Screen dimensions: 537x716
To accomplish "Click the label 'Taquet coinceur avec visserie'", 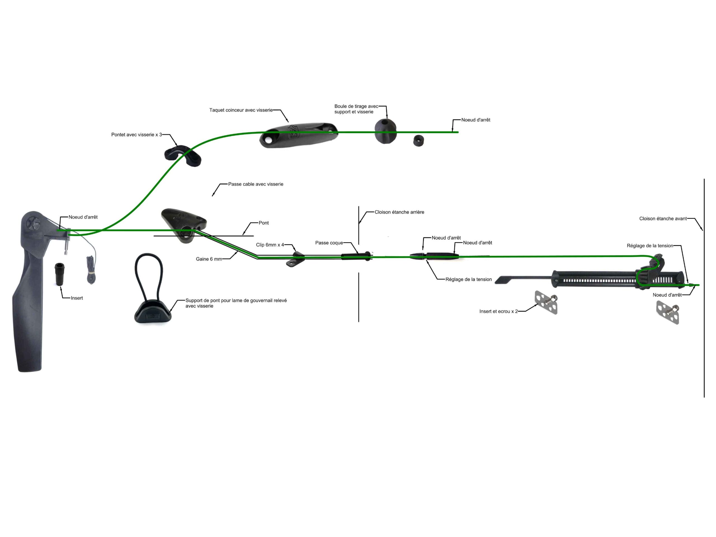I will point(241,110).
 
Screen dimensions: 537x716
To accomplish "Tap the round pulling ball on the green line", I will point(385,131).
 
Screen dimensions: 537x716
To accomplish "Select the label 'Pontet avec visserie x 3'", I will point(136,135).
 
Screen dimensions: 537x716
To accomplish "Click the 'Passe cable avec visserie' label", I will point(255,184).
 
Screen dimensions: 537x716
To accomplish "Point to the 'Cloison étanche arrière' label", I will point(399,212).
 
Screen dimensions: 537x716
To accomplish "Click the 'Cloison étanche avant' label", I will point(663,218).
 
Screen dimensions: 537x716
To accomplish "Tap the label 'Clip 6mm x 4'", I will point(270,245).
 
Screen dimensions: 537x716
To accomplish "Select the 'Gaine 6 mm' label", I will point(209,259).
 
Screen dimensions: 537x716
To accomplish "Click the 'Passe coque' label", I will point(329,243).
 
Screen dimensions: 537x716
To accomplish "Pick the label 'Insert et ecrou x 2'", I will point(498,311).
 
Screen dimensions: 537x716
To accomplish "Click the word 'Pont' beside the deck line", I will point(263,223).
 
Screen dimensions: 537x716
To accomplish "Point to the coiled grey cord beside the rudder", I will point(91,270).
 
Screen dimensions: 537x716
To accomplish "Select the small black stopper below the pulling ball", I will point(418,141).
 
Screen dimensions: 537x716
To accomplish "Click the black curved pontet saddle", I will point(183,156).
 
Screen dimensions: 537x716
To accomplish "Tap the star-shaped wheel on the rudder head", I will point(32,223).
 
